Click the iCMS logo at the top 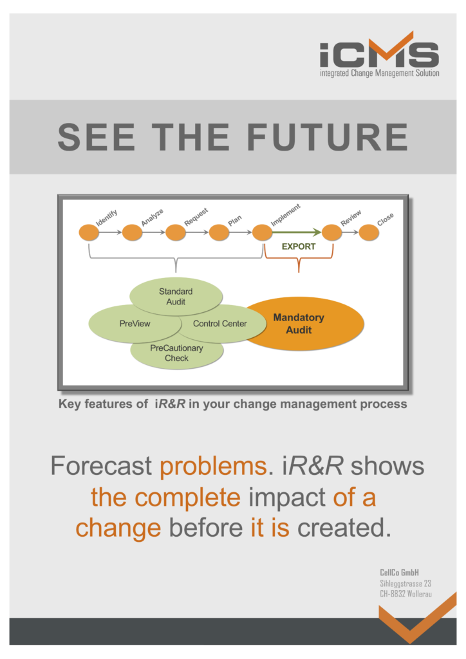(380, 54)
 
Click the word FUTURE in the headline (328, 137)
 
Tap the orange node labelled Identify (89, 232)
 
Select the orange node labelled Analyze (133, 232)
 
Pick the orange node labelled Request (176, 232)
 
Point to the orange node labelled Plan (219, 232)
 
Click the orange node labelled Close (369, 232)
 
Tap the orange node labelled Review (332, 232)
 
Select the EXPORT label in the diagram (299, 246)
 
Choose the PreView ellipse (135, 324)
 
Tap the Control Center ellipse (220, 324)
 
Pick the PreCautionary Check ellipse (176, 353)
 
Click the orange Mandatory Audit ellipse (303, 324)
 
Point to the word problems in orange (214, 467)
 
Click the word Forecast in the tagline (101, 466)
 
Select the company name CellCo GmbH (399, 572)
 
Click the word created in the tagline (344, 528)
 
